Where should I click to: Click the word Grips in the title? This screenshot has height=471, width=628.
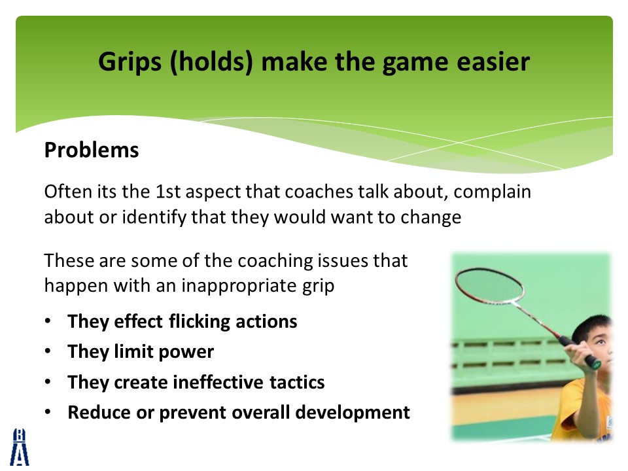click(x=130, y=63)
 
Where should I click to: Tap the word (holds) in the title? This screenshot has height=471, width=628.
click(x=211, y=63)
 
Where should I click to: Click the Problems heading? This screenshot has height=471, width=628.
click(x=92, y=150)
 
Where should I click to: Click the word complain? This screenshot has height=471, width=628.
click(x=492, y=192)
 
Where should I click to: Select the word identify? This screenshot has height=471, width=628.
click(x=154, y=218)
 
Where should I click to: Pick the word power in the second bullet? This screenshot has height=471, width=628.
click(x=186, y=353)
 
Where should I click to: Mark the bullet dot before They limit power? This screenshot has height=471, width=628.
click(x=48, y=352)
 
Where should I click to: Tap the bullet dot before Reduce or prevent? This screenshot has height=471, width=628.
click(x=48, y=411)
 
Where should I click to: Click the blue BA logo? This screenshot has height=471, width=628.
click(x=19, y=447)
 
